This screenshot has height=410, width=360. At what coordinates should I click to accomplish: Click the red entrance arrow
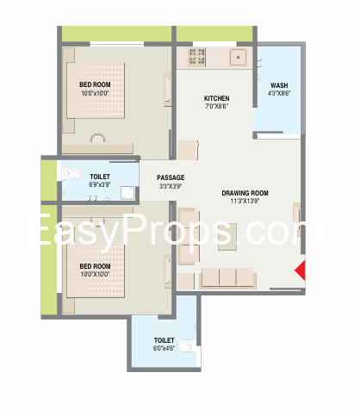pyautogui.click(x=301, y=270)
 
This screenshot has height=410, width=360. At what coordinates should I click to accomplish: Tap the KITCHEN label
pyautogui.click(x=216, y=98)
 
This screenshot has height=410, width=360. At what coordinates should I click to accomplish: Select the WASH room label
pyautogui.click(x=279, y=85)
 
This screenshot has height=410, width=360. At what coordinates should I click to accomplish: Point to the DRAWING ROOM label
pyautogui.click(x=245, y=193)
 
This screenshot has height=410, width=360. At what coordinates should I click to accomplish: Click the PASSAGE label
pyautogui.click(x=171, y=177)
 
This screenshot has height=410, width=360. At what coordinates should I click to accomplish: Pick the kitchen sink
pyautogui.click(x=238, y=58)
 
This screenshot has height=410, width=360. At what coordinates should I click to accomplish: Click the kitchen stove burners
pyautogui.click(x=196, y=57)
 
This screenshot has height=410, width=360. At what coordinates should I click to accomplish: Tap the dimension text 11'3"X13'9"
pyautogui.click(x=245, y=201)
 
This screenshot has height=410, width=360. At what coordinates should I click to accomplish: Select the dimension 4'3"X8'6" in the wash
pyautogui.click(x=279, y=93)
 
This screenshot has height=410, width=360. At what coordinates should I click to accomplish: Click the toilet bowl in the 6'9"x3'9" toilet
pyautogui.click(x=71, y=174)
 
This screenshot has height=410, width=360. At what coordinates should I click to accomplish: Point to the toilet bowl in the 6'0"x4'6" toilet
pyautogui.click(x=186, y=346)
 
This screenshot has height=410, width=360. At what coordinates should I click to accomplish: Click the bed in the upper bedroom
pyautogui.click(x=96, y=90)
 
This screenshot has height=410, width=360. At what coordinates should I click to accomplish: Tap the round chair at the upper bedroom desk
pyautogui.click(x=97, y=139)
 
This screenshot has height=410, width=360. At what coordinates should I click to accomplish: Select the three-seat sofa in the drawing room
pyautogui.click(x=227, y=278)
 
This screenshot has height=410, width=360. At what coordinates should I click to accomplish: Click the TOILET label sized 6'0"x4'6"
pyautogui.click(x=164, y=340)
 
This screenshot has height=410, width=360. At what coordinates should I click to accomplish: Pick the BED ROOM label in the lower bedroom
pyautogui.click(x=95, y=266)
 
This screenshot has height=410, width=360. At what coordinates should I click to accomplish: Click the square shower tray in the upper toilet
pyautogui.click(x=127, y=193)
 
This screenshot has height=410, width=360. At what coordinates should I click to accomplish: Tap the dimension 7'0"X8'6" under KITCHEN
pyautogui.click(x=216, y=106)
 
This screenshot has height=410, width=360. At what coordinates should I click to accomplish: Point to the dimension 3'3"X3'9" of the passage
pyautogui.click(x=171, y=186)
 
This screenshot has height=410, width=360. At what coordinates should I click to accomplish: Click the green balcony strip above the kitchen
pyautogui.click(x=214, y=34)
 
